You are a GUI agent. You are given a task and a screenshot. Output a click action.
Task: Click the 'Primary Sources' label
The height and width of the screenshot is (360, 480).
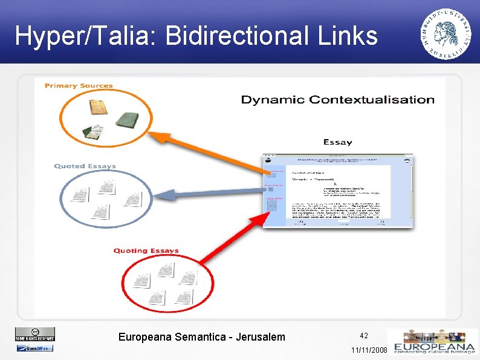(79, 86)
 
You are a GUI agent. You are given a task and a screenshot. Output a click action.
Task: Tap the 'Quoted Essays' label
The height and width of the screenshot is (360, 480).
(85, 166)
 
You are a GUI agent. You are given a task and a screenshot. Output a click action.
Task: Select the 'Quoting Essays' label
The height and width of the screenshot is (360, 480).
(146, 251)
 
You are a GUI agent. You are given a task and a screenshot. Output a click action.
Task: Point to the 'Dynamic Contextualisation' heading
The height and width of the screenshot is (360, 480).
(337, 100)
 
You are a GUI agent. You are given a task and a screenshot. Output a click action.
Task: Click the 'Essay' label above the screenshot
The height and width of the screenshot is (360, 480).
(337, 143)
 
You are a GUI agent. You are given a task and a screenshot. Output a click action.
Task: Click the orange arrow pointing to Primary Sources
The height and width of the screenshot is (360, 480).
(206, 151)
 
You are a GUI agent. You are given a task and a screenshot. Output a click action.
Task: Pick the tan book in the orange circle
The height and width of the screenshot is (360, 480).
(99, 106)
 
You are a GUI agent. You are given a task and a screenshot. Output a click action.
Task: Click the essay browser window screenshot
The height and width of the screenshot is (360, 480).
(337, 191)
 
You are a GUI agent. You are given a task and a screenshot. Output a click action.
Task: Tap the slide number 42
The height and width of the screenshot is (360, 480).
(364, 335)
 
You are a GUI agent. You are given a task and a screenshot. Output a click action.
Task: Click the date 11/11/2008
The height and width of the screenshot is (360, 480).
(369, 350)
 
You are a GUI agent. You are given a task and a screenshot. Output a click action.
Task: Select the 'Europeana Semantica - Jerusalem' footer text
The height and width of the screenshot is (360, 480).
(201, 337)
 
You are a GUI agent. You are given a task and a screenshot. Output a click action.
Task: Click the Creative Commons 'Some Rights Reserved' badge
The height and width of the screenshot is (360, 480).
(34, 334)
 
